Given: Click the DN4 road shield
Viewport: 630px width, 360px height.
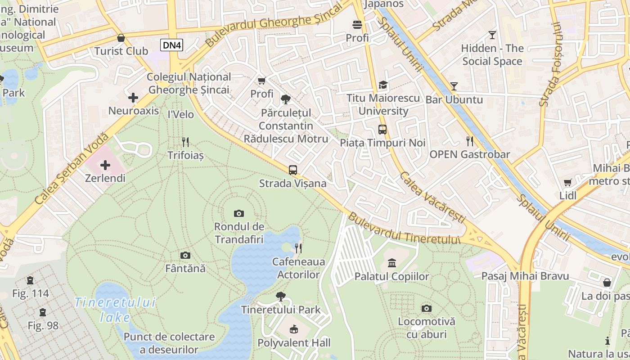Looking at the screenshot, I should tap(172, 45).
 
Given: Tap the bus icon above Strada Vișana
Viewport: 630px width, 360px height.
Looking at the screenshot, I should tap(293, 170).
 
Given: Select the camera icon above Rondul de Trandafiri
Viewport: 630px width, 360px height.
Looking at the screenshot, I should tap(239, 213).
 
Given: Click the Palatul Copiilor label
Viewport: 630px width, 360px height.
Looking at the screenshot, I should tap(391, 276).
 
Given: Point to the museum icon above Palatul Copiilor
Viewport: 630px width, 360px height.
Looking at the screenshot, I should tap(391, 263).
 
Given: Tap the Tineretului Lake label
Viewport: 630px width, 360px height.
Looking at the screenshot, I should tap(115, 310).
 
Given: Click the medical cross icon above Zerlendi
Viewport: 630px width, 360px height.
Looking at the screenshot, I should tap(105, 165).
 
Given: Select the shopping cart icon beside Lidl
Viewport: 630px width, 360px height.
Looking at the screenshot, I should tap(568, 183).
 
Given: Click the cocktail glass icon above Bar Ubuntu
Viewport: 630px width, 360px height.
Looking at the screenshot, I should tap(454, 86).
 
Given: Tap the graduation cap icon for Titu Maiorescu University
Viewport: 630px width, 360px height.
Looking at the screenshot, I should tap(383, 85).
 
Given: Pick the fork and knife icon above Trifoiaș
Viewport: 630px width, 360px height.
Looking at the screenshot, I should tap(185, 142).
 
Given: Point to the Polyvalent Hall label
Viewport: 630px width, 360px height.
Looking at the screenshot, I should tap(294, 343).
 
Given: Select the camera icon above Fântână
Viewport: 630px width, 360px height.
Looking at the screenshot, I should tap(185, 256).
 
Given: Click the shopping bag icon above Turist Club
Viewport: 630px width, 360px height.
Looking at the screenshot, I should tap(121, 38).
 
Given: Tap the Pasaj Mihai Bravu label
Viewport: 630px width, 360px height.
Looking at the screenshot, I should tap(525, 276).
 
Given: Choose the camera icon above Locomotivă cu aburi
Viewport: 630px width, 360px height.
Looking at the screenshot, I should tap(426, 309).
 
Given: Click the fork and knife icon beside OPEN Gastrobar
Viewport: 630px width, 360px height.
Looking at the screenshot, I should tap(470, 141).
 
